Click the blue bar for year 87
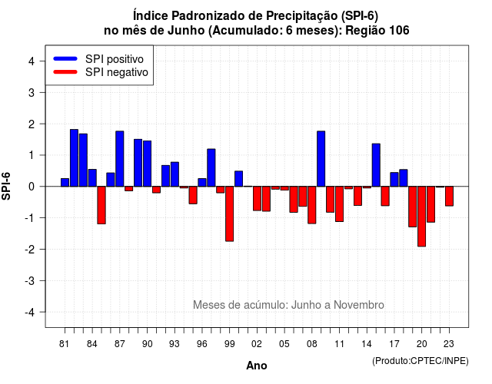[120, 159]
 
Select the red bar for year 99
[229, 214]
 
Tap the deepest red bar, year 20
[422, 217]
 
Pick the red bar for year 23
[449, 197]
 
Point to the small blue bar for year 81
[65, 183]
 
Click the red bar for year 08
[312, 205]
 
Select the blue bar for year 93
[175, 174]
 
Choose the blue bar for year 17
[394, 179]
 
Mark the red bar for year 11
[339, 204]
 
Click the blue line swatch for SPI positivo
[65, 58]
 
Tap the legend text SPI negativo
[117, 72]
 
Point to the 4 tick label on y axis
[32, 61]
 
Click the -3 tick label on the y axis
[30, 280]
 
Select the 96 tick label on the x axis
[201, 344]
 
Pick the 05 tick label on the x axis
[284, 344]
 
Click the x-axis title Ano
[257, 366]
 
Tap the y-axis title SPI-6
[6, 186]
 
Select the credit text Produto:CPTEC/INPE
[421, 361]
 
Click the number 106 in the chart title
[399, 31]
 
